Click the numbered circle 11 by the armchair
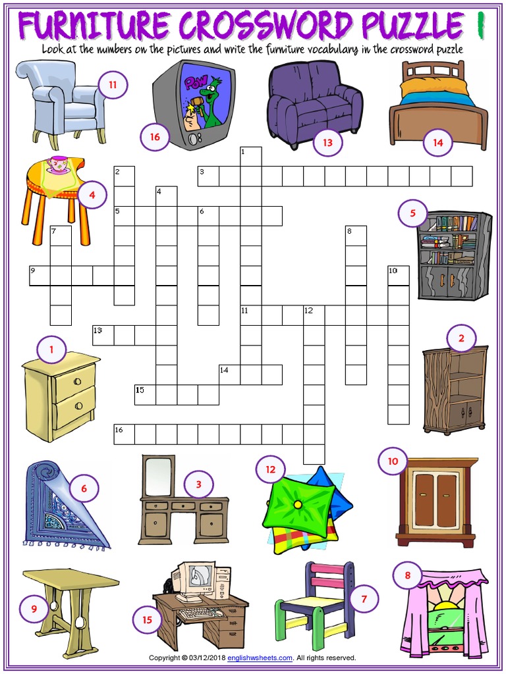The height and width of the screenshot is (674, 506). pos(113,84)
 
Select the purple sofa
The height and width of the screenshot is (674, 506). pos(314,105)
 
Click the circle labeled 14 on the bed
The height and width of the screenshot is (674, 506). pos(438,142)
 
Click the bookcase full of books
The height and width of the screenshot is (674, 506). pos(455,255)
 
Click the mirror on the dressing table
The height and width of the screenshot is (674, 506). pos(159,475)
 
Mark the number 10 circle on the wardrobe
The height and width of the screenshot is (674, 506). pos(393,461)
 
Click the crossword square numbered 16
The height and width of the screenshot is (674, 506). pos(124,435)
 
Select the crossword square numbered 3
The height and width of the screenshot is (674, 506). pos(208,177)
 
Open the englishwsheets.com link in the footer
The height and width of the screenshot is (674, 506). pos(260,658)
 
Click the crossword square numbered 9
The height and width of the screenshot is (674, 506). pos(40,276)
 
